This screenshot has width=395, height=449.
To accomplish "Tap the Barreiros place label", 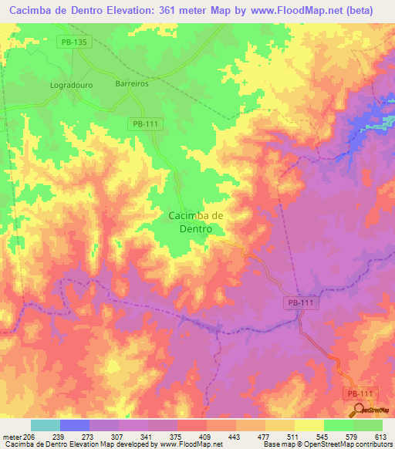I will [131, 83].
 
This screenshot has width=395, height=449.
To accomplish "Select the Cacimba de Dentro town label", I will [196, 222].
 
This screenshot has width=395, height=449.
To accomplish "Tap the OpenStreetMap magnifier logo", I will [357, 410].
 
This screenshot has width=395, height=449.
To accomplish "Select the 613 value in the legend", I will [382, 436].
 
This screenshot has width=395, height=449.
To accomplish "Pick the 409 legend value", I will [206, 436].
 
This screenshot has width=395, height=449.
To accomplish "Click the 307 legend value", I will [118, 436].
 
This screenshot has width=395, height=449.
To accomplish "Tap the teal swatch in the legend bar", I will [46, 425].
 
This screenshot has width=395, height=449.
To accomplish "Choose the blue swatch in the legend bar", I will [75, 425].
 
